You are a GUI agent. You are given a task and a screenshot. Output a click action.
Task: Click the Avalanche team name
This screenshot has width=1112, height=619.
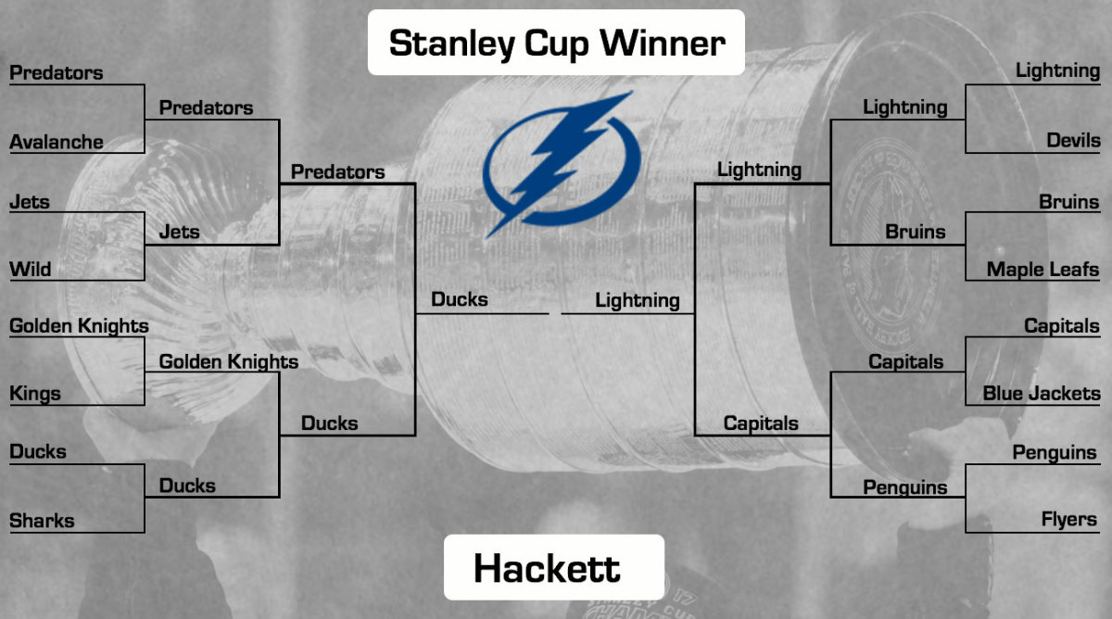point(56,142)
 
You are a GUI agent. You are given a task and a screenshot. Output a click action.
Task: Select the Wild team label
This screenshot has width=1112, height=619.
point(31,270)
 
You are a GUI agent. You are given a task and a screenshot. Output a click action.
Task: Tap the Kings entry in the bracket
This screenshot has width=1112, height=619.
point(35,393)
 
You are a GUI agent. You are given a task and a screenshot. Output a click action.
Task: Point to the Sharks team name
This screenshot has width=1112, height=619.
point(42,521)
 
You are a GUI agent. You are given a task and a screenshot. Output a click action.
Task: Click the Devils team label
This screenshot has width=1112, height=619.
point(1073,141)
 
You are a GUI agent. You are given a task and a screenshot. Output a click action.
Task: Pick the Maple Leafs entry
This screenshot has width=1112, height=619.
point(1042,270)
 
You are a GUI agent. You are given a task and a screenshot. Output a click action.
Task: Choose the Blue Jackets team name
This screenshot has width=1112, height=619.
point(1041,393)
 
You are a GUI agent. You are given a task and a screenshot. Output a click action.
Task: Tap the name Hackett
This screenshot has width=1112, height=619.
point(547,568)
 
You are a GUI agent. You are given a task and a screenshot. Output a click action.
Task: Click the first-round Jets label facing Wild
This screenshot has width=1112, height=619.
point(30,201)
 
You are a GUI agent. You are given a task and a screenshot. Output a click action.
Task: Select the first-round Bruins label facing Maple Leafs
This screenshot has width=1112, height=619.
point(1068,201)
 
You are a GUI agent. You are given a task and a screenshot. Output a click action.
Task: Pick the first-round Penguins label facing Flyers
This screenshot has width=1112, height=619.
point(1054,452)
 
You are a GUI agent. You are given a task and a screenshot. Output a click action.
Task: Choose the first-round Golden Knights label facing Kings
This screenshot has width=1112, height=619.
point(79,326)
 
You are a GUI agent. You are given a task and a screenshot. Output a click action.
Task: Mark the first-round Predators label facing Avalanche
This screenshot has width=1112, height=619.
point(56,72)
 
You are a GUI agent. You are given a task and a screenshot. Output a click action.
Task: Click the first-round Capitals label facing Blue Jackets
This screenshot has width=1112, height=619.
point(1061,326)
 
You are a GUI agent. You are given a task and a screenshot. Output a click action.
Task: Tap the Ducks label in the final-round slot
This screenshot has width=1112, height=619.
point(460,299)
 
